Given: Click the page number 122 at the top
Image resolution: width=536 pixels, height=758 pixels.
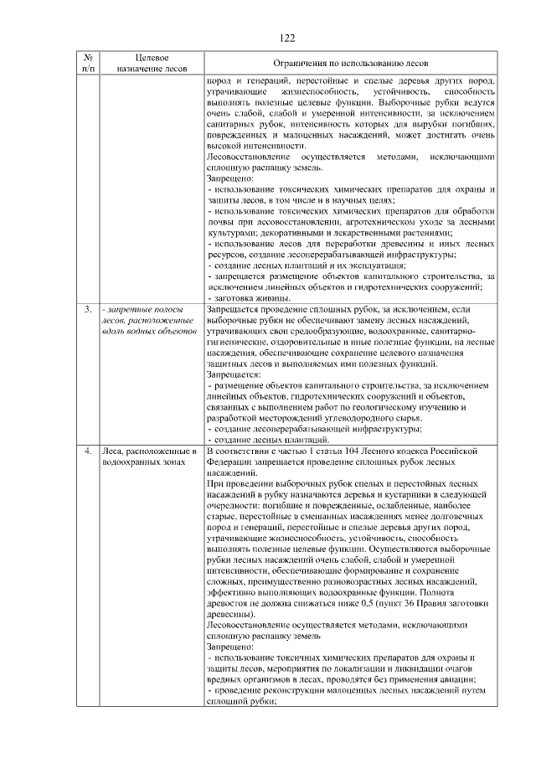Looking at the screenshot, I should [x=286, y=37].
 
